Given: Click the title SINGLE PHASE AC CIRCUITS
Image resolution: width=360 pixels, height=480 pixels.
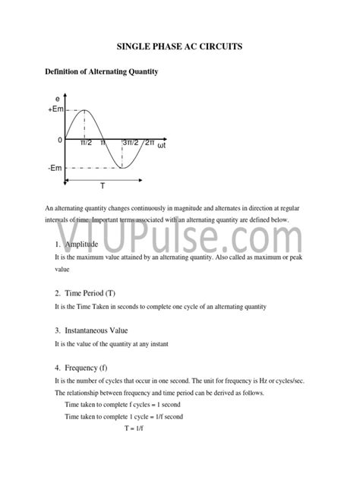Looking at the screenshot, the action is click(x=180, y=47).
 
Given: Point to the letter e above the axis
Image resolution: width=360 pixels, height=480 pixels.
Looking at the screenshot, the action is click(x=58, y=99).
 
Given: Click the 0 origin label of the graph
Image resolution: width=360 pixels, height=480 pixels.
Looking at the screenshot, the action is click(x=60, y=141).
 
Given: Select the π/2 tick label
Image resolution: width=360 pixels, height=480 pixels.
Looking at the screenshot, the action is click(x=86, y=144).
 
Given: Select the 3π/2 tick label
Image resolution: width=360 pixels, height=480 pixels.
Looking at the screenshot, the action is click(x=129, y=144).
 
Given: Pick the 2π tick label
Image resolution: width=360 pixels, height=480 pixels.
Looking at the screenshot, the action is click(x=150, y=144).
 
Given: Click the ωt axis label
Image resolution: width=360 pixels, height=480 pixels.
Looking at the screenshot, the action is click(x=162, y=147).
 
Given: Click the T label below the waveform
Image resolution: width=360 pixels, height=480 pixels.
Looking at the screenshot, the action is click(x=103, y=187).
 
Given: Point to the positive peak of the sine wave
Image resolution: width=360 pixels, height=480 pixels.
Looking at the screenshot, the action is click(x=84, y=110).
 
